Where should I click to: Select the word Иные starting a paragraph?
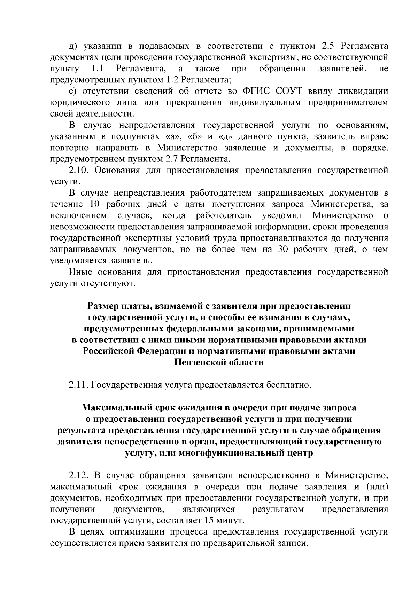[x=80, y=271]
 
